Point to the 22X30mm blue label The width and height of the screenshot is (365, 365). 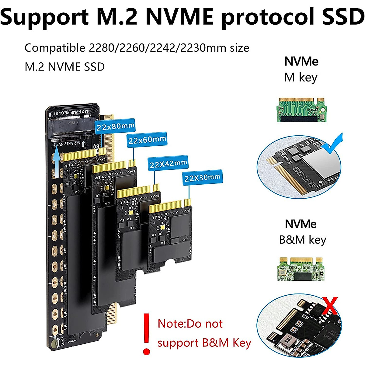coord(202,177)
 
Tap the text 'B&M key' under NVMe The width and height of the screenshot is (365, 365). coord(303,240)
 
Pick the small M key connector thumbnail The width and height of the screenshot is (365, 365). coord(301,110)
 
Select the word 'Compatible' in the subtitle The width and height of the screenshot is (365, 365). coord(55,48)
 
